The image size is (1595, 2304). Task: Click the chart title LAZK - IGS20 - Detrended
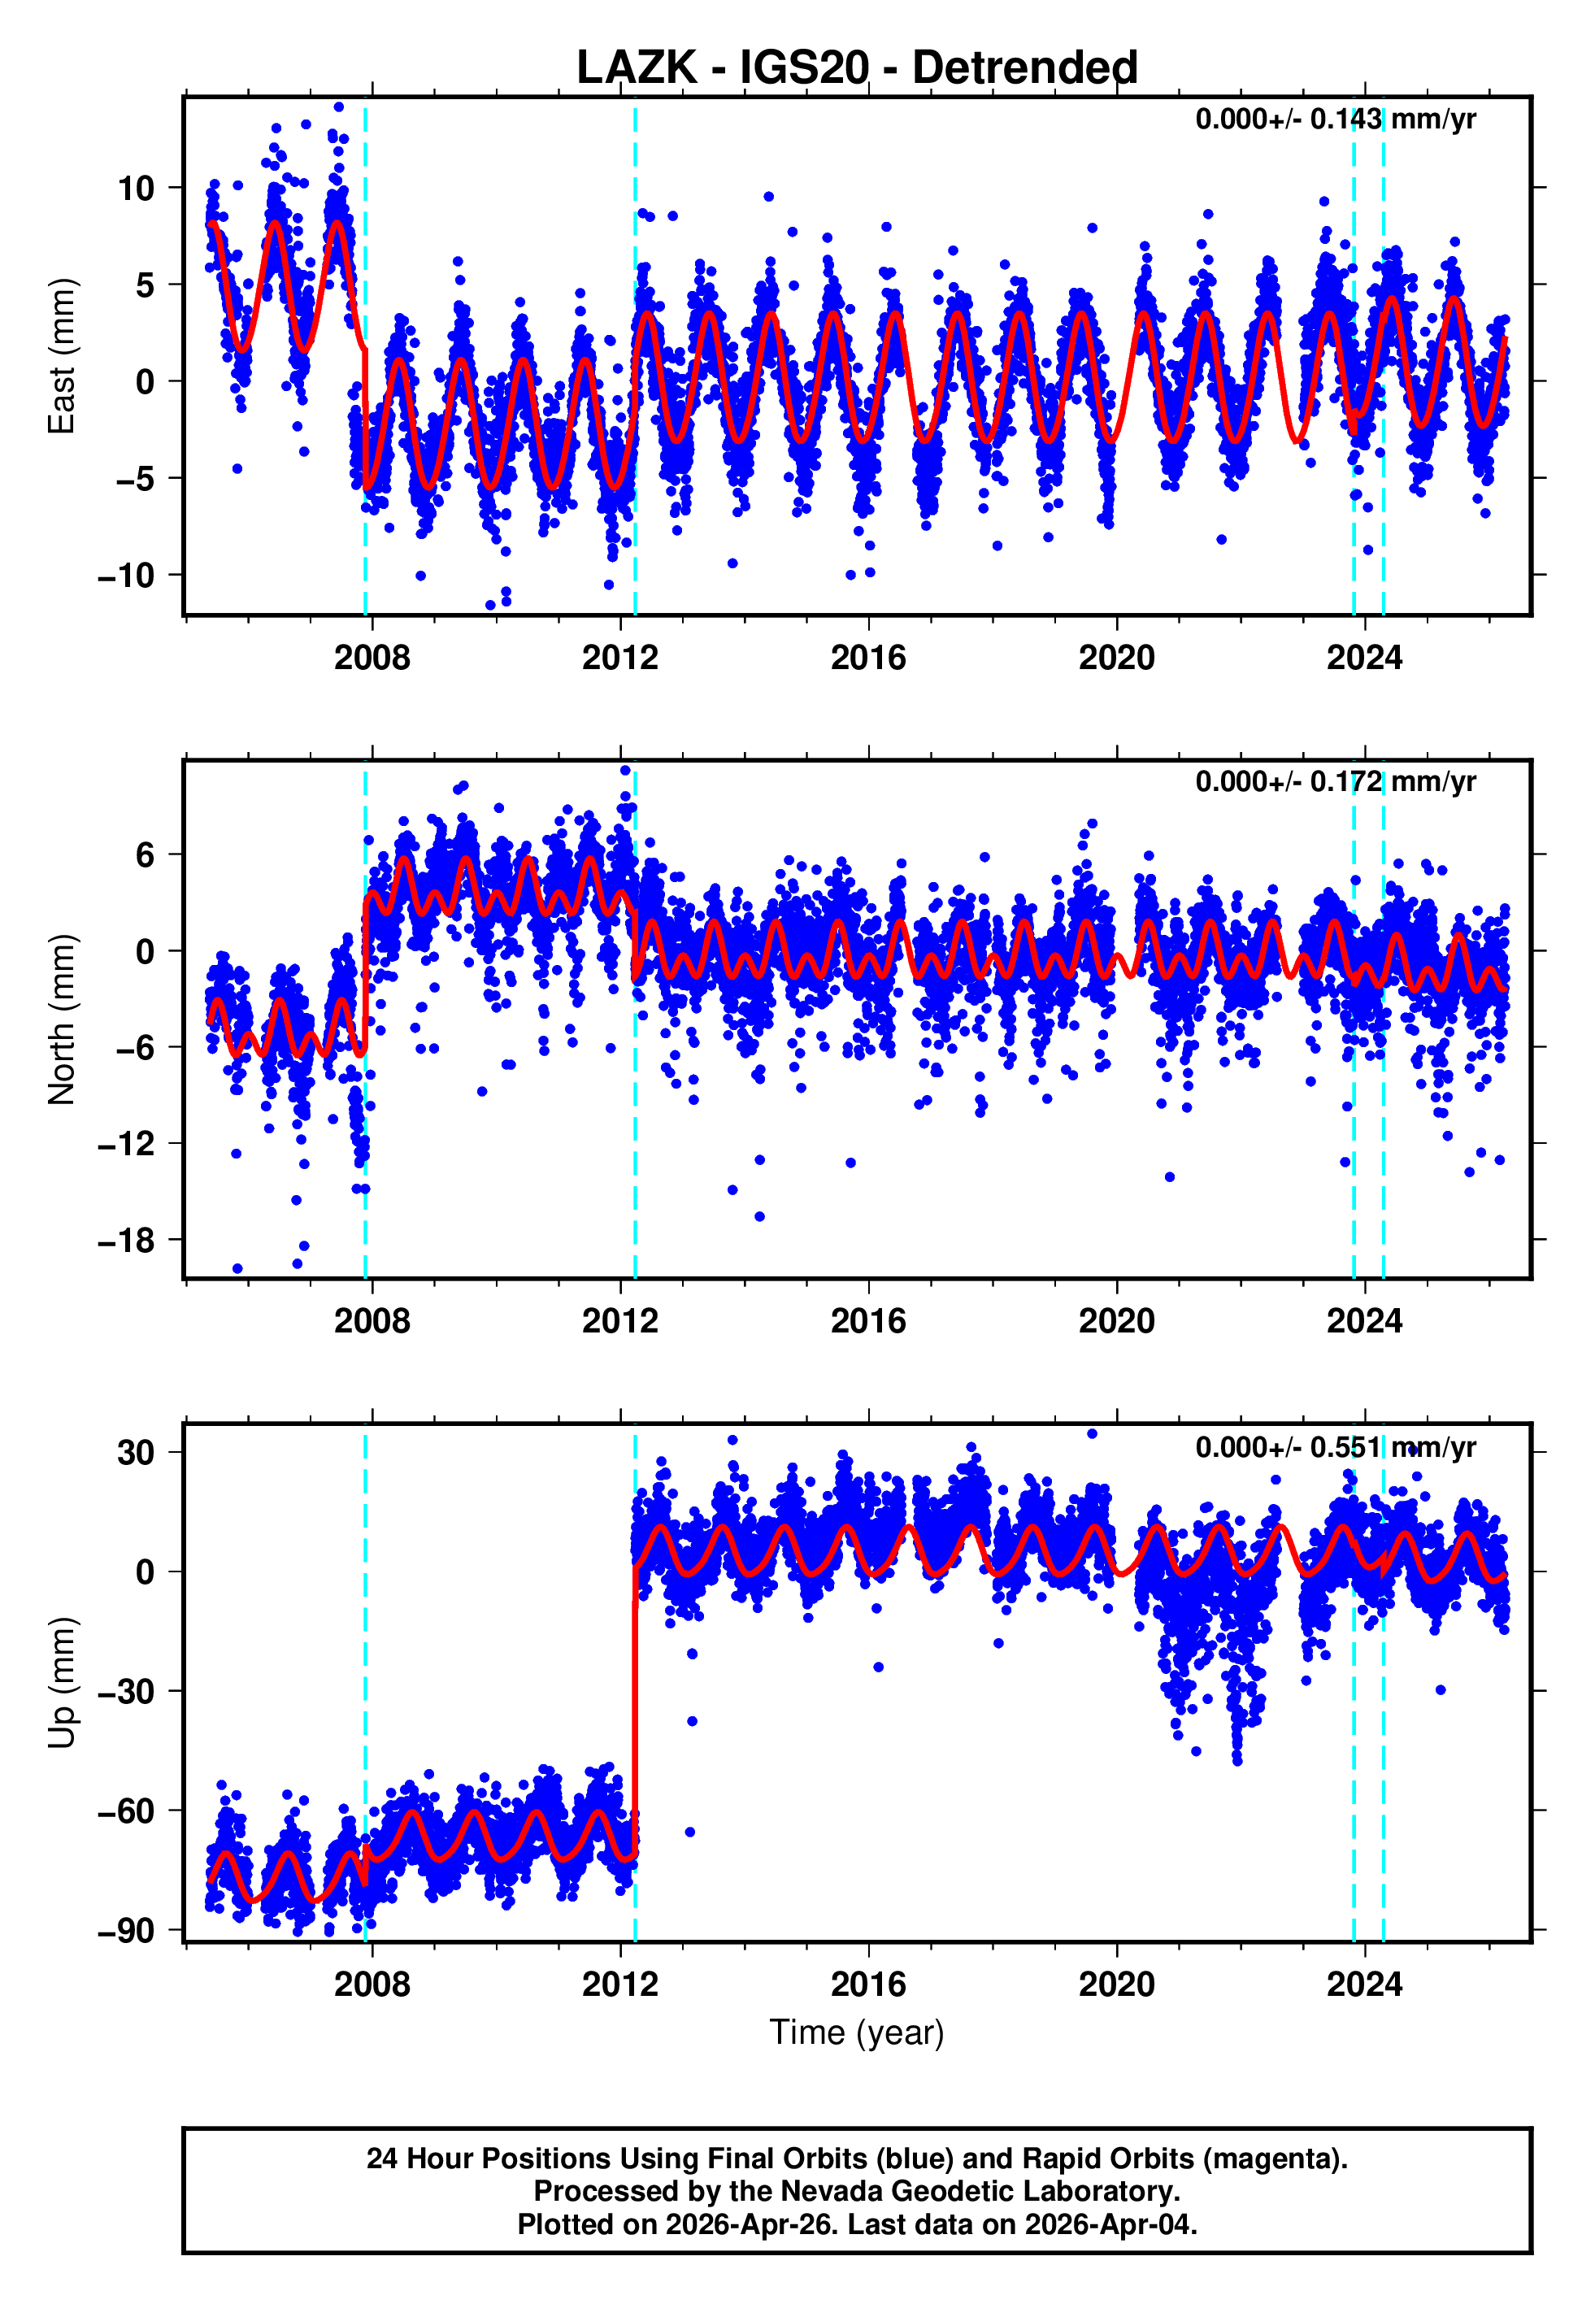[x=857, y=68]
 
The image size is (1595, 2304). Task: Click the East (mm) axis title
[x=62, y=356]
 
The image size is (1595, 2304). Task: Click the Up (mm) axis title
[x=62, y=1683]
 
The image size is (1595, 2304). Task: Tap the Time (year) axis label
[x=857, y=2032]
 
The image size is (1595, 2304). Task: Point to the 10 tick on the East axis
[x=136, y=188]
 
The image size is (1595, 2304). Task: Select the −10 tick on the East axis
[x=126, y=576]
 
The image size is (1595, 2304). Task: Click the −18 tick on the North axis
[x=126, y=1240]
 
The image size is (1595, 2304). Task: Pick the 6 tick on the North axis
[x=146, y=854]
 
